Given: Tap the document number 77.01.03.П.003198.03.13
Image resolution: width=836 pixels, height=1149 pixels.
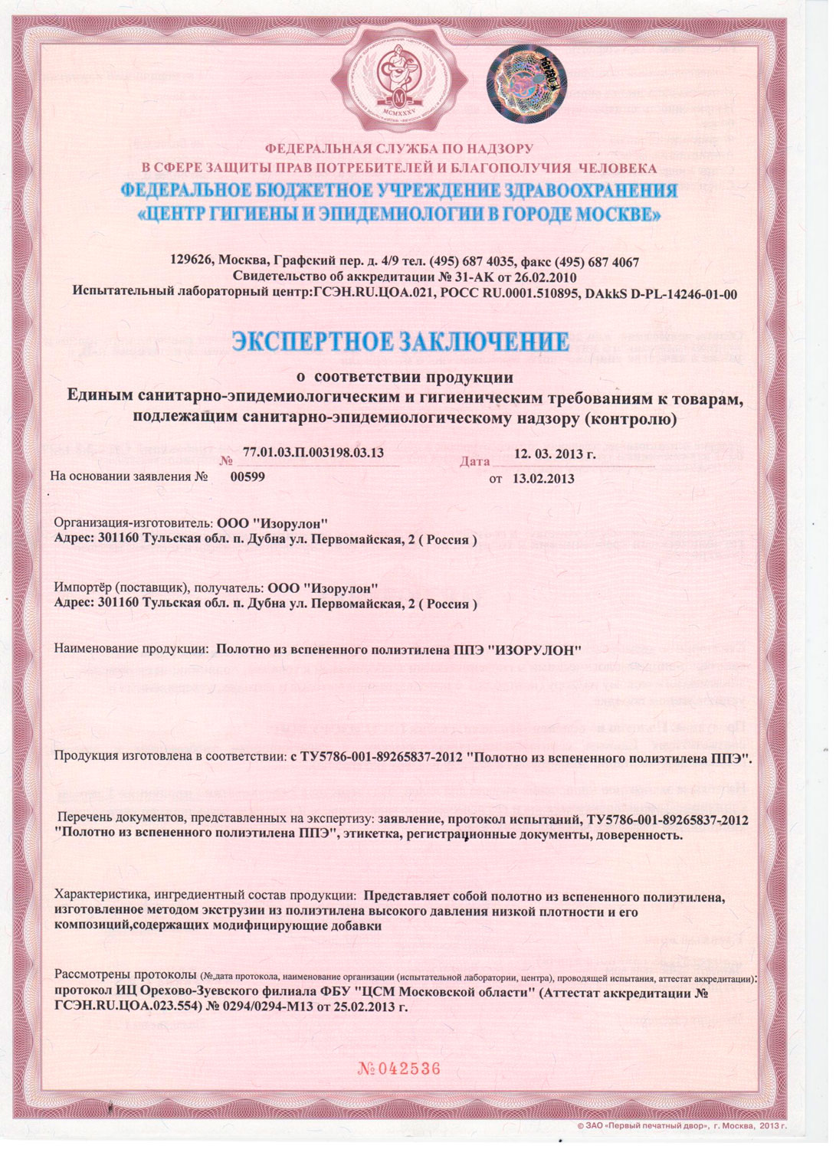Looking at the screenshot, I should coord(313,452).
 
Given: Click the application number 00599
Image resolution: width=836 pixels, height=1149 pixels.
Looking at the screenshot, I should coord(247,476).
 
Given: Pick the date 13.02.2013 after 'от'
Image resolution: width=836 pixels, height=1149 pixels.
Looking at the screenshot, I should coord(543,479).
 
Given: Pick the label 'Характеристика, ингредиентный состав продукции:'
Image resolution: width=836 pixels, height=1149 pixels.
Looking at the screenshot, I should coord(205,895).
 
